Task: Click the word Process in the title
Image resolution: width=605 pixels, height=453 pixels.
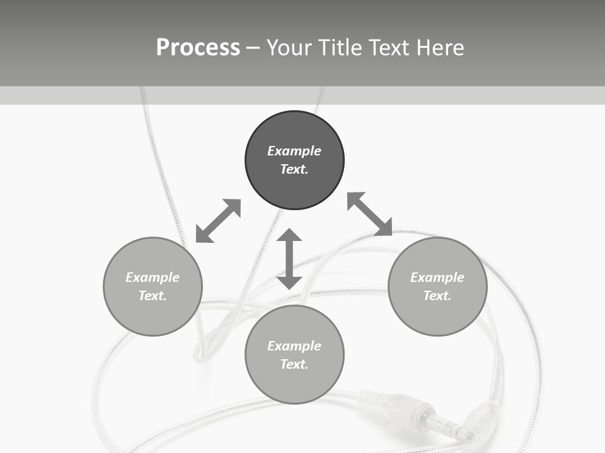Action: click(198, 48)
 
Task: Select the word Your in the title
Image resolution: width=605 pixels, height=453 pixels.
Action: click(290, 48)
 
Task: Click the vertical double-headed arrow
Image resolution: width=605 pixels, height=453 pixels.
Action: click(289, 259)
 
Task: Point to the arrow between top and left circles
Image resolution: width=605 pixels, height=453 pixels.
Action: click(218, 221)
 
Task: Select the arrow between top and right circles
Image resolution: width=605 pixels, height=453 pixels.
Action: click(370, 214)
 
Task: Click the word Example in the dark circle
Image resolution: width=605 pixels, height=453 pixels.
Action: click(294, 151)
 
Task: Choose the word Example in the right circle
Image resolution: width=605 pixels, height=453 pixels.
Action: click(437, 277)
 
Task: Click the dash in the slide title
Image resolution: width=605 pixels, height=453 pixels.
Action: click(253, 48)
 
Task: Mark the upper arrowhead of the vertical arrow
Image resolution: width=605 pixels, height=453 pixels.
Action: click(289, 236)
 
